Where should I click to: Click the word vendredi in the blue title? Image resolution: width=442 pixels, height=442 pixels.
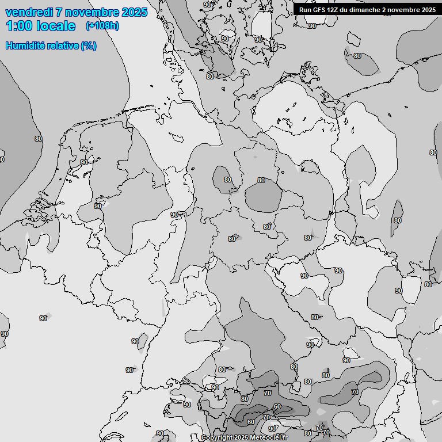(x=29, y=12)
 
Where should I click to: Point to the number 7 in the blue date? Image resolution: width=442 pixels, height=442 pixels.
(x=60, y=12)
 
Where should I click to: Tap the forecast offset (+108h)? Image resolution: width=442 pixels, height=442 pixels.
(x=102, y=26)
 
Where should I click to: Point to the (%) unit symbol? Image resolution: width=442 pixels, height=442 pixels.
(x=88, y=45)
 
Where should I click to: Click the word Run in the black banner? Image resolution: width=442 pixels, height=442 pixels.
(x=305, y=9)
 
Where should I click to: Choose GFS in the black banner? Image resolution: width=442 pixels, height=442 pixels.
(x=320, y=9)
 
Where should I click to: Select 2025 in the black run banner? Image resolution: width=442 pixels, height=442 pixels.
(x=428, y=9)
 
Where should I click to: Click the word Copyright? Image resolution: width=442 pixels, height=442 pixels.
(x=217, y=438)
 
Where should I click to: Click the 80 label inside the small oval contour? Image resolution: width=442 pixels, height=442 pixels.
(x=227, y=180)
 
